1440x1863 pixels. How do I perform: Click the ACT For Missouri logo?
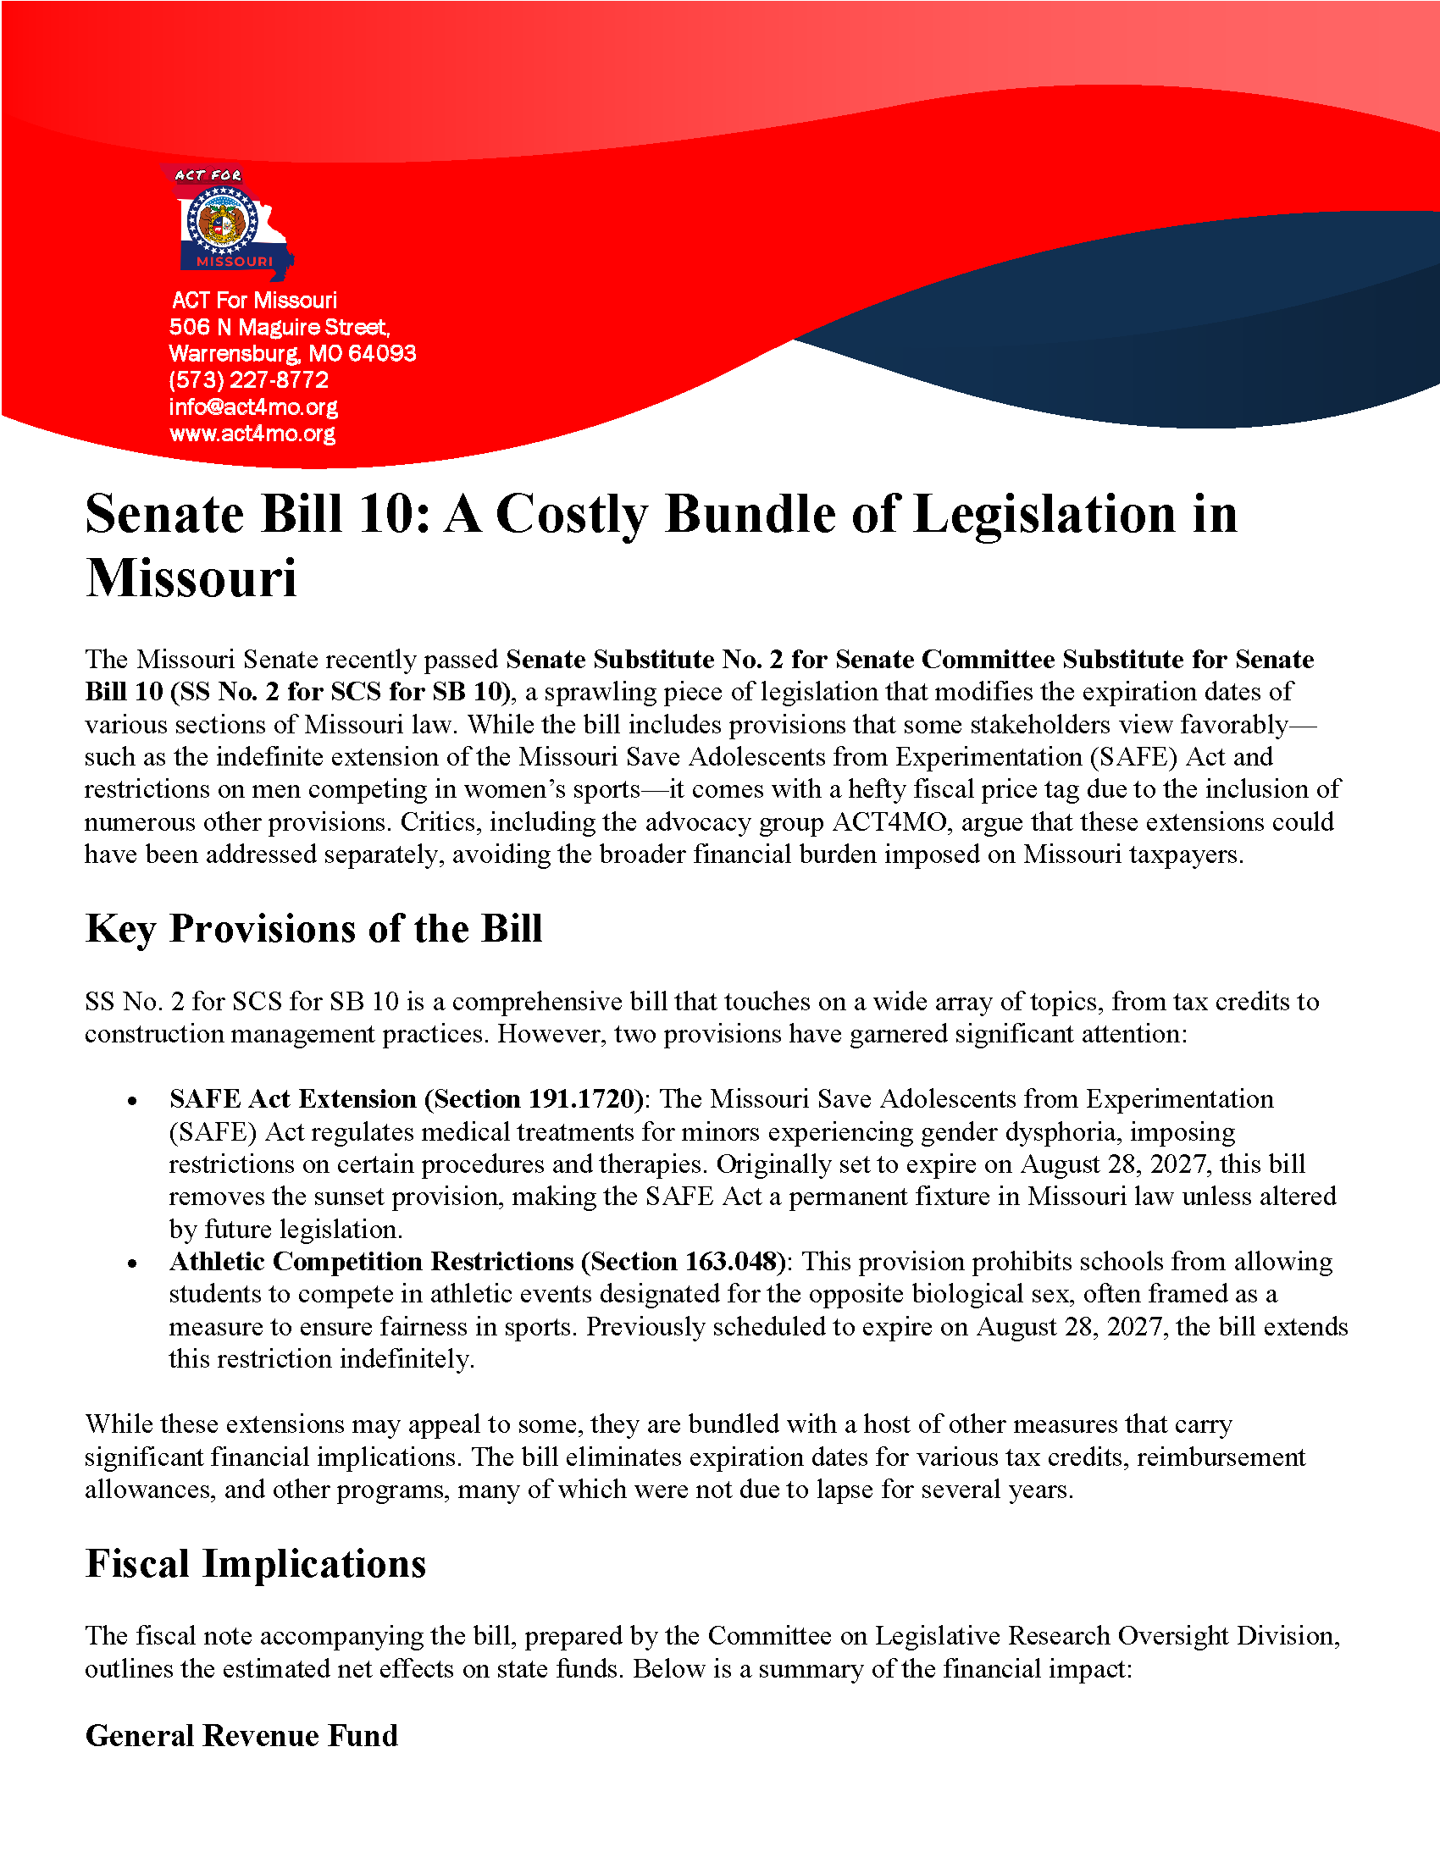[226, 222]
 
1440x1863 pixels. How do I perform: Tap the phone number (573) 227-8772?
[248, 379]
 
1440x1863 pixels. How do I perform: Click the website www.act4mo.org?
[252, 434]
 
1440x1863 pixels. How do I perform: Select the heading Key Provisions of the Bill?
[313, 928]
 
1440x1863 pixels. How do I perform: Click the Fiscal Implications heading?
[255, 1563]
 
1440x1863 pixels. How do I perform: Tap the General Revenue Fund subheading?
[241, 1736]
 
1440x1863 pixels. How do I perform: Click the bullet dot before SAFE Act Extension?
[132, 1101]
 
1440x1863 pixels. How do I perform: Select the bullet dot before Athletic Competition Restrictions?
[132, 1263]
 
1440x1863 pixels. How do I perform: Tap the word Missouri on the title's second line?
[191, 578]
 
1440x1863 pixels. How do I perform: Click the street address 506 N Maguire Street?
[279, 327]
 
